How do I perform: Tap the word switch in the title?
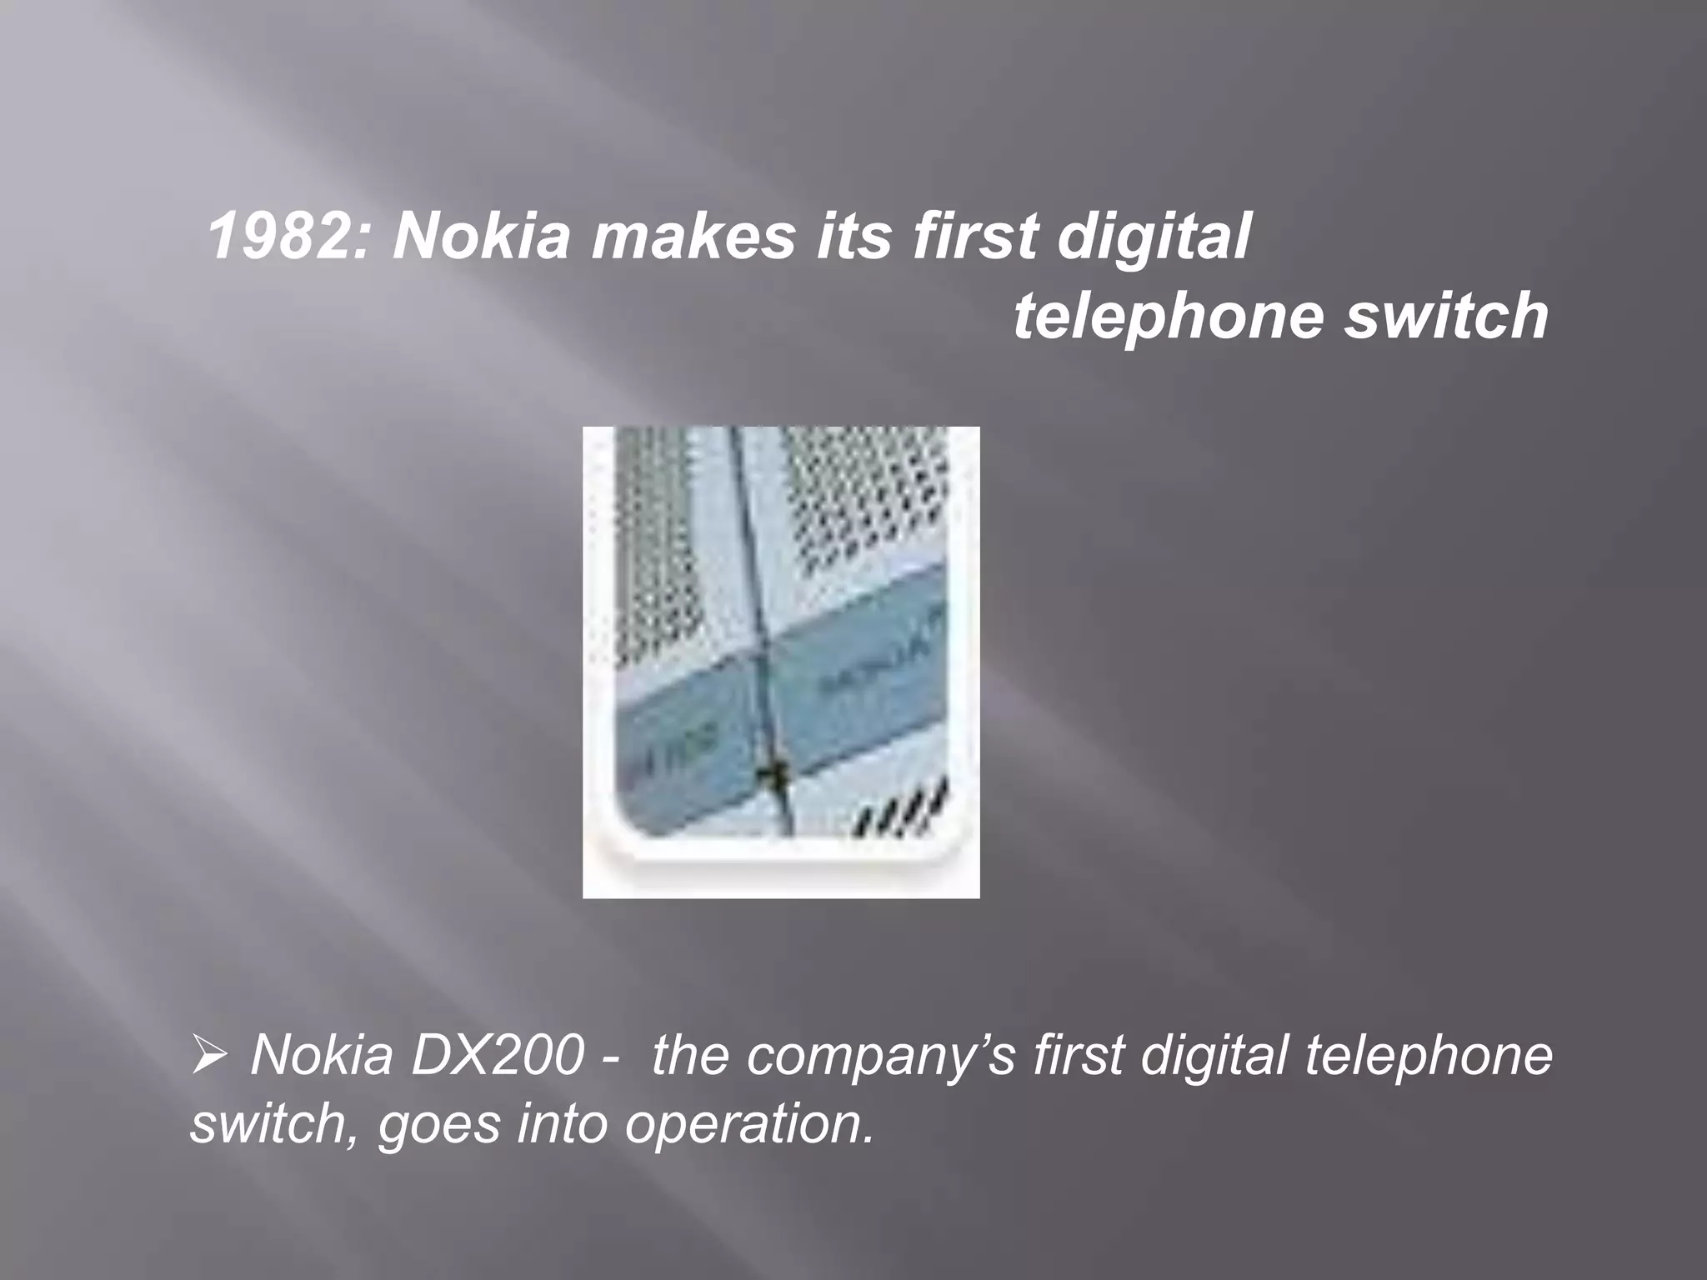click(1445, 316)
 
